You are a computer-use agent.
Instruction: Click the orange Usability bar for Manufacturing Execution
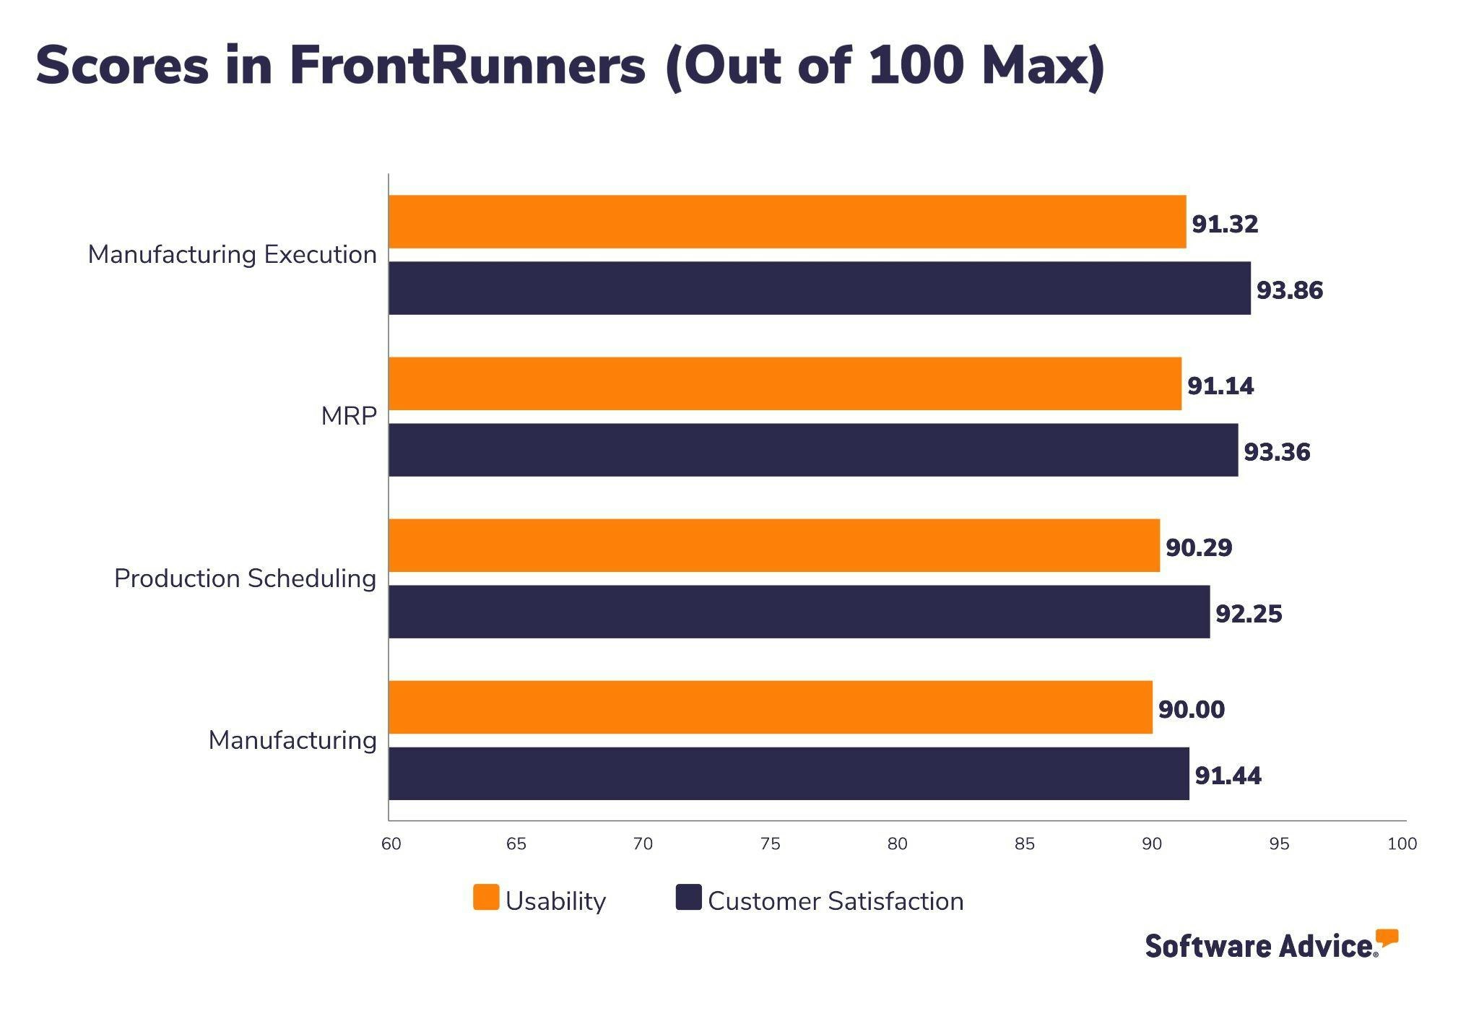[787, 222]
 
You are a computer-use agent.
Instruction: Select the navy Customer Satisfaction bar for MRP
[813, 450]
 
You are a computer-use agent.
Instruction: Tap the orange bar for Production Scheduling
[774, 545]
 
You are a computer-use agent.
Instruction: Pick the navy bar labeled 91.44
[789, 773]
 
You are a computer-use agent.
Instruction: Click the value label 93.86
[1290, 290]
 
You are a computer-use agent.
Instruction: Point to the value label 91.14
[1220, 386]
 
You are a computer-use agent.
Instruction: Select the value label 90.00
[1192, 709]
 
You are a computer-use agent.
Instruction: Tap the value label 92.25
[1249, 614]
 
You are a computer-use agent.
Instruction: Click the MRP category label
[349, 417]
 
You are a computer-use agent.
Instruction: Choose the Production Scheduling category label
[245, 578]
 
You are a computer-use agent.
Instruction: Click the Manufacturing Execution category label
[232, 255]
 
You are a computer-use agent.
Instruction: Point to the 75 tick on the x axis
[770, 843]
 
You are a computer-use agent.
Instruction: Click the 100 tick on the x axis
[1402, 843]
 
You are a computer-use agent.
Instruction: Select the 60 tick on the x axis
[391, 843]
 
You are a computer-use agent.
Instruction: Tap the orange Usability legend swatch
[486, 897]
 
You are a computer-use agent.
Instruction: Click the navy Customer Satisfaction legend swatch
[688, 897]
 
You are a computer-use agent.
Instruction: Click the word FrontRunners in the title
[467, 65]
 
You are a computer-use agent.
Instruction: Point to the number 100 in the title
[916, 65]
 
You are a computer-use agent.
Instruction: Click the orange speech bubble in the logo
[1387, 937]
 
